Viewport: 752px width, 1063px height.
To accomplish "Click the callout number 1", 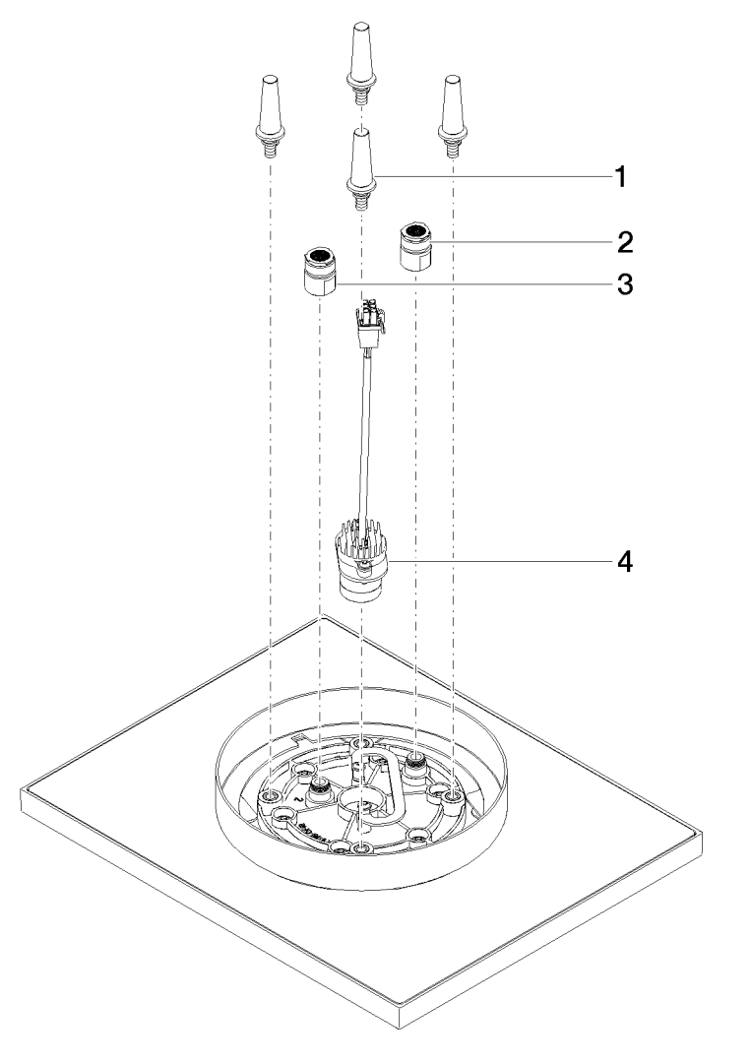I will coord(620,177).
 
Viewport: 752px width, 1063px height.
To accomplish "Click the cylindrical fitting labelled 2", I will coord(415,247).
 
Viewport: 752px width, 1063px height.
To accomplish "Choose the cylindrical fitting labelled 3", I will coord(321,271).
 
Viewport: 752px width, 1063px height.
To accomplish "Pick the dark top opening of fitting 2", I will coord(415,232).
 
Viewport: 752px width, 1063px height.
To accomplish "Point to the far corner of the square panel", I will coord(321,619).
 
